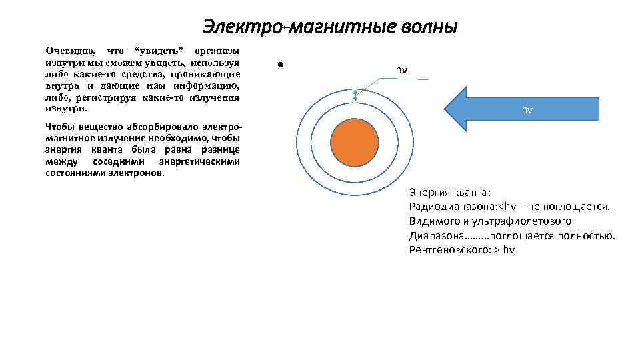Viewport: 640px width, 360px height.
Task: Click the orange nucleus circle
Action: coord(356,142)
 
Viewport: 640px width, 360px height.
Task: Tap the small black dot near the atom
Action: coord(281,65)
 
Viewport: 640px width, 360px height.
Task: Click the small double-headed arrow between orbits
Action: coord(355,96)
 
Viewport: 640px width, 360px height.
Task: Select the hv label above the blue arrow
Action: coord(401,70)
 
